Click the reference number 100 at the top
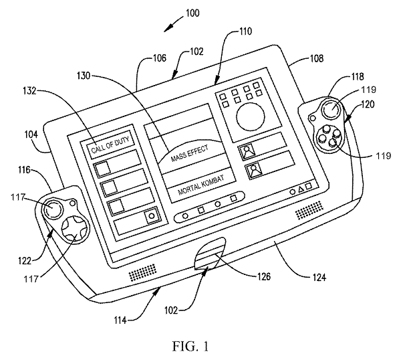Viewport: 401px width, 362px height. point(192,13)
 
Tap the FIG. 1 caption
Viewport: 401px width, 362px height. point(190,347)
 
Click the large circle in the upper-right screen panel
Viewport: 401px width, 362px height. point(251,117)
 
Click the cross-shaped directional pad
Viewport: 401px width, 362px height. point(76,229)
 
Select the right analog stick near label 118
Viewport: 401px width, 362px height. point(331,109)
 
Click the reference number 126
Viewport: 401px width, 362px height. point(263,276)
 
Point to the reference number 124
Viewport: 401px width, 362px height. point(319,277)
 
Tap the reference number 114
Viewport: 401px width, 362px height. point(120,321)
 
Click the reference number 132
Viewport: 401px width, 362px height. point(29,90)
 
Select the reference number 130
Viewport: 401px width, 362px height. point(84,76)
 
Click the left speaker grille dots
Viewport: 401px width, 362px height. point(142,272)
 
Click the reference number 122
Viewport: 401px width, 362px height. point(25,260)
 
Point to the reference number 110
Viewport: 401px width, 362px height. point(245,31)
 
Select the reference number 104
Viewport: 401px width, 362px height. point(31,134)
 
